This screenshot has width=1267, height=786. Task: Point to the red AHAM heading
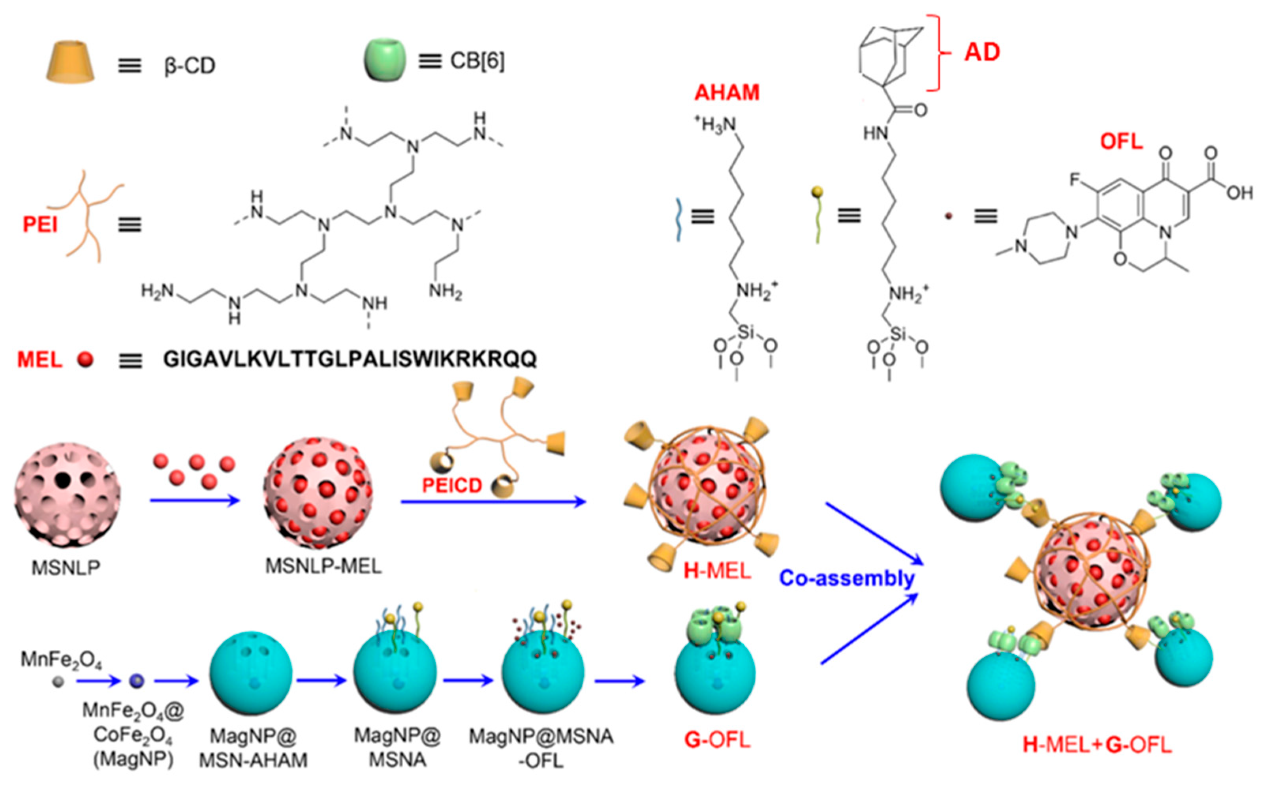point(727,92)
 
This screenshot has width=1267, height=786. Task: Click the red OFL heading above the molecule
point(1121,141)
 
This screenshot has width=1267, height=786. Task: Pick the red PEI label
point(39,225)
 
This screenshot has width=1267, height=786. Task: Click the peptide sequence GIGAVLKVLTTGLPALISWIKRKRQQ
point(350,359)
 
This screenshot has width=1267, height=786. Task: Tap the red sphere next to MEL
point(85,359)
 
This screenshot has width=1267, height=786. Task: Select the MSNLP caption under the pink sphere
point(66,568)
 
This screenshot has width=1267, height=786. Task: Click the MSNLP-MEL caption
point(323,566)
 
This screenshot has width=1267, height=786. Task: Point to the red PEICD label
point(452,486)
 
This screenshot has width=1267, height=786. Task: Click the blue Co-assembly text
point(847,578)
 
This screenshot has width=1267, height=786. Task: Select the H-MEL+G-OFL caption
point(1097,745)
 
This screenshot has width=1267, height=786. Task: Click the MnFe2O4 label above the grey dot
point(61,660)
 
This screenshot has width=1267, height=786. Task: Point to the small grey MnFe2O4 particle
point(58,681)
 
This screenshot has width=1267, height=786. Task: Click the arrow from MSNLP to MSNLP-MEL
point(195,501)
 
